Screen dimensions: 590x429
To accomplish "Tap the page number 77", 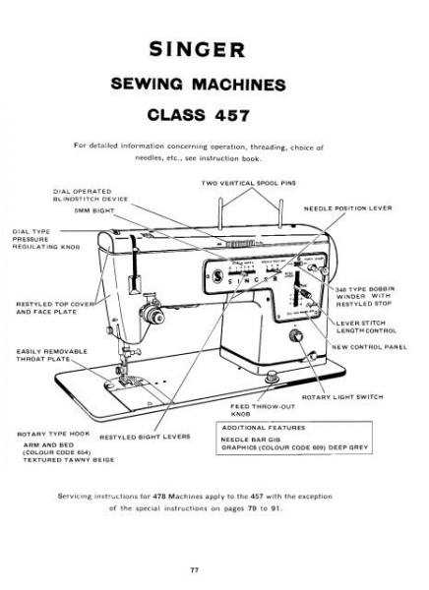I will coord(214,570).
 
